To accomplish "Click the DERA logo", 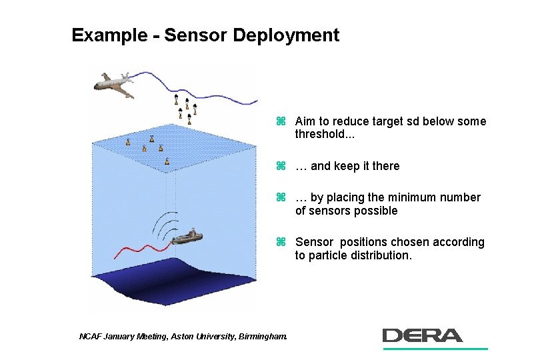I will click(x=423, y=335).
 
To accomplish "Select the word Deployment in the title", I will click(x=286, y=35).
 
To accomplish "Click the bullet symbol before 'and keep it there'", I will click(x=281, y=166).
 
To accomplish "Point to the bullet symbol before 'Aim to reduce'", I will click(x=281, y=121).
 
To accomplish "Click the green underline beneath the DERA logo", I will click(x=435, y=348).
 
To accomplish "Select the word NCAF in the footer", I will click(x=91, y=337).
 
